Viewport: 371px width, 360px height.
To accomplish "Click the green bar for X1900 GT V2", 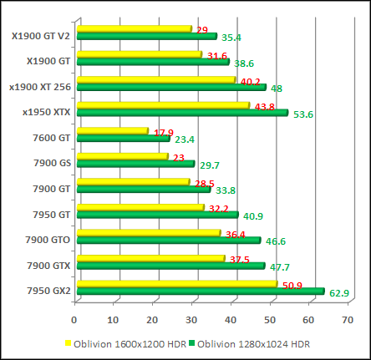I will [146, 36].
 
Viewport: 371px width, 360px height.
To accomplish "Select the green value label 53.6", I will [303, 114].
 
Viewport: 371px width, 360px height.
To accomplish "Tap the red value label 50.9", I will [292, 285].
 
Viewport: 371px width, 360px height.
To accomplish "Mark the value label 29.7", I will [210, 165].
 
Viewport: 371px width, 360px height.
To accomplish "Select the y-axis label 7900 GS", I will [51, 163].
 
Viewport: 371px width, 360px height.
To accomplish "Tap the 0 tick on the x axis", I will [74, 318].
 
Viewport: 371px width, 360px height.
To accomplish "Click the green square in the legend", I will [190, 343].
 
